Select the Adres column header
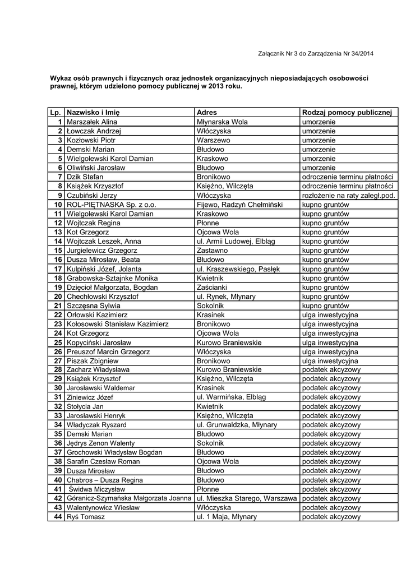tap(207, 113)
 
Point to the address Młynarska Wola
tap(223, 122)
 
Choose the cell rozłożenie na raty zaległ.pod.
tap(348, 196)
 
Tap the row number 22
tap(57, 315)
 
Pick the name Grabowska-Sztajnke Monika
tap(113, 278)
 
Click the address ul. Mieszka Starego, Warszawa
tap(246, 498)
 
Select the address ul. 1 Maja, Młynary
tap(227, 517)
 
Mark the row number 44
tap(57, 517)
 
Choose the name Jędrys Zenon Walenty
tap(104, 443)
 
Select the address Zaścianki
tap(213, 288)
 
